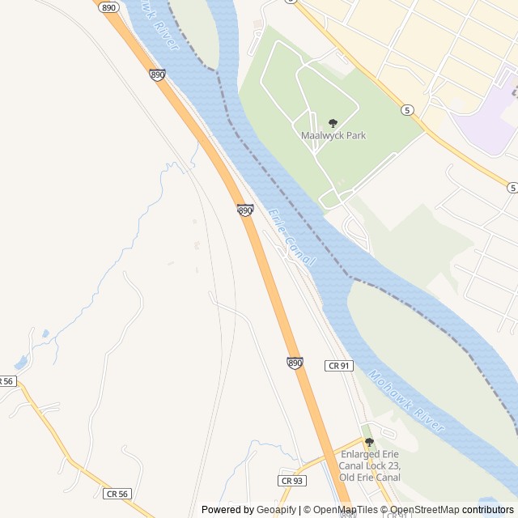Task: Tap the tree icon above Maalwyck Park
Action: pos(333,123)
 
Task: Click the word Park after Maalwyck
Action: pos(355,135)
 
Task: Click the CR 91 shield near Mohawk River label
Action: pos(339,366)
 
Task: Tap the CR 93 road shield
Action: pos(291,481)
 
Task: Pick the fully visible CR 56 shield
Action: pos(117,493)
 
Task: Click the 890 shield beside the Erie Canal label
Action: pos(245,210)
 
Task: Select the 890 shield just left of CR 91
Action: pos(295,364)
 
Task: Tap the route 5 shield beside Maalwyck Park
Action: pos(407,109)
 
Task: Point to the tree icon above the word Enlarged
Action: pos(369,442)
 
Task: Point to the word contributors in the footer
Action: pos(487,510)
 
